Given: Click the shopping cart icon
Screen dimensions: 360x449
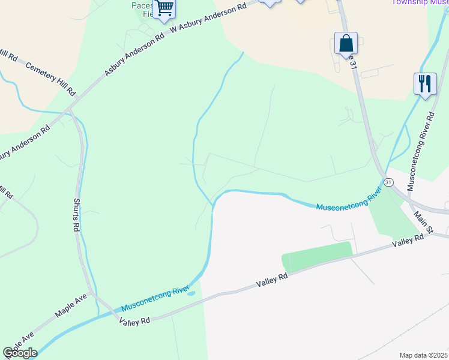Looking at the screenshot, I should (x=164, y=9).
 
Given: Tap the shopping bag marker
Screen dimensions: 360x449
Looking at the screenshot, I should (x=346, y=44).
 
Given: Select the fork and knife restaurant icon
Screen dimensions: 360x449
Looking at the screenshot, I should (x=425, y=83).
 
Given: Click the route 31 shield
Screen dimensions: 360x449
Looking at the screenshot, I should (x=388, y=182).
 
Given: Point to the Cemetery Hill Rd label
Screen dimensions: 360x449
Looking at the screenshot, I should (x=50, y=78).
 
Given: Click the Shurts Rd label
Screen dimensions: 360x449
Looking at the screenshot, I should (x=77, y=215).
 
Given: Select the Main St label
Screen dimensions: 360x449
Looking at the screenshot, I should (x=423, y=221).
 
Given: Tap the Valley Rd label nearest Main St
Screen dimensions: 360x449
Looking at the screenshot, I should (x=408, y=241).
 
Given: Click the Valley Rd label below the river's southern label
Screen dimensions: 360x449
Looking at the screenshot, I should (x=134, y=322).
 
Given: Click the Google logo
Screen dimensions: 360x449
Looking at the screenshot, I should (x=19, y=353).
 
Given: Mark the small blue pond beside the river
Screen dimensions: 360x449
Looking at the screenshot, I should (x=191, y=293).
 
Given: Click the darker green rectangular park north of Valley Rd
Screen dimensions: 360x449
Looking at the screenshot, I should (x=316, y=257).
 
